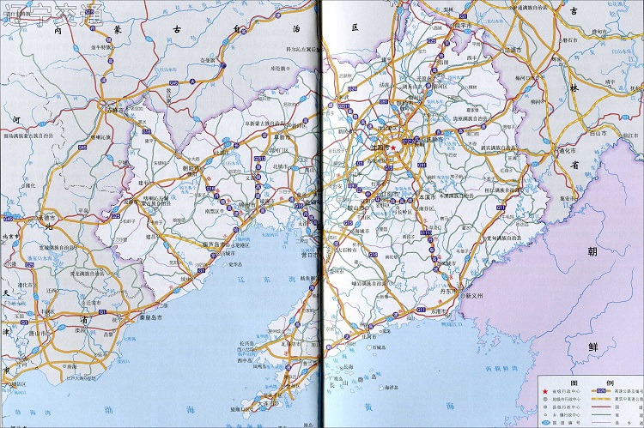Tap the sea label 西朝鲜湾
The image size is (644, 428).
480,369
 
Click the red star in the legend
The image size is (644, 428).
544,393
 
